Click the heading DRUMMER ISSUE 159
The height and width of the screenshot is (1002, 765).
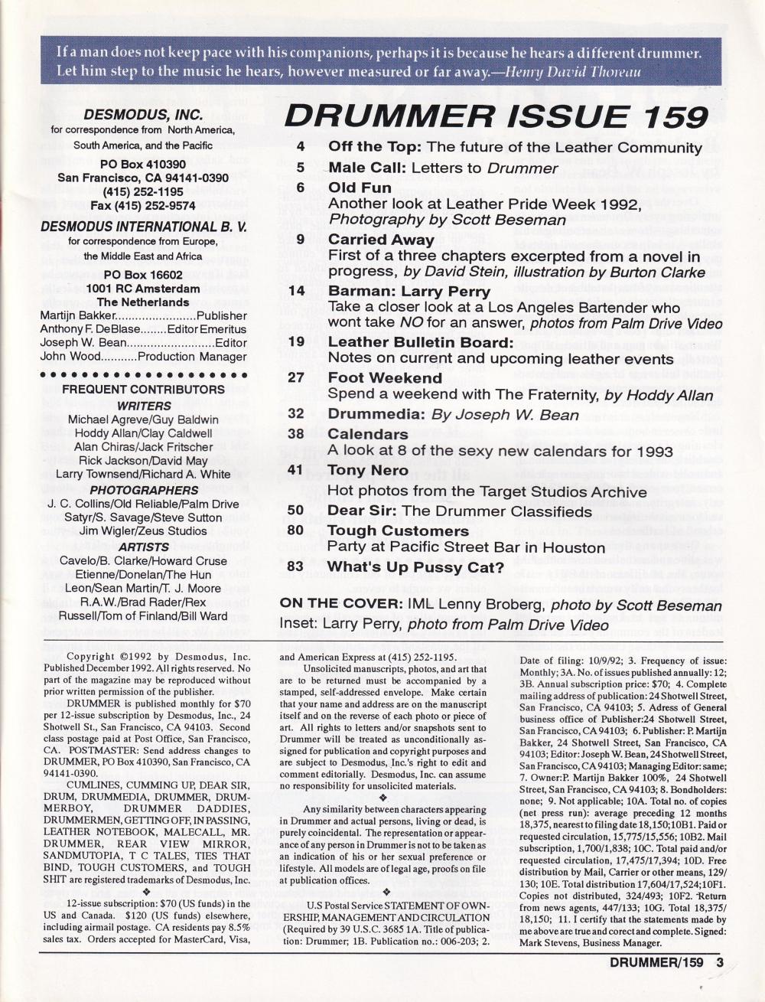point(496,116)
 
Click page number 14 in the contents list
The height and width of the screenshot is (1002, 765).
point(298,291)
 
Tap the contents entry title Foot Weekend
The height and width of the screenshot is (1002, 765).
point(385,377)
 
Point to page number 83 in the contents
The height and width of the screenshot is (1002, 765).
point(296,567)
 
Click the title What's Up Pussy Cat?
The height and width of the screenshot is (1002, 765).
point(415,567)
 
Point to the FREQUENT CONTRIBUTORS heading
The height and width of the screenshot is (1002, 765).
point(144,390)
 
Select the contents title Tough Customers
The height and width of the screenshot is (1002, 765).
point(398,530)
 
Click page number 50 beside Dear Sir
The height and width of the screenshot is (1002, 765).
point(296,511)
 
